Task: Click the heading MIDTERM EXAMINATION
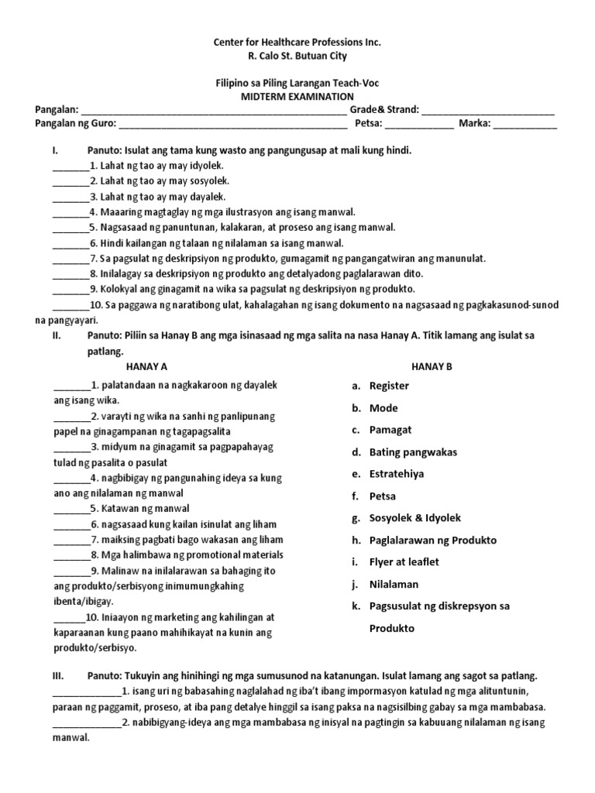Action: [297, 96]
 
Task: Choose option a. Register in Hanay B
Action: [389, 386]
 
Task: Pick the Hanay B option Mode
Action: [383, 408]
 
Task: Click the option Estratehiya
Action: [397, 474]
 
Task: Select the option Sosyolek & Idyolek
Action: [415, 518]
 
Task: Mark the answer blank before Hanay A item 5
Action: [71, 510]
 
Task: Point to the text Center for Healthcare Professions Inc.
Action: [297, 42]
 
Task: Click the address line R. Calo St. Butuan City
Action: [297, 57]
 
